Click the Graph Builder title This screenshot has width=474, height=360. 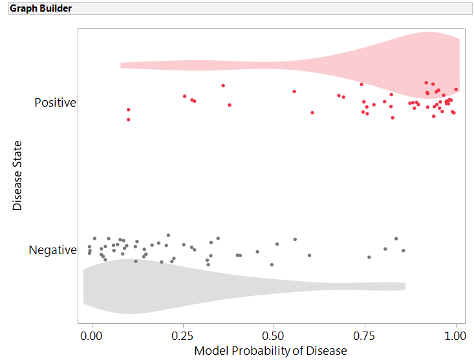point(41,9)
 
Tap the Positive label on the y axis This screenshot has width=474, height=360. point(55,103)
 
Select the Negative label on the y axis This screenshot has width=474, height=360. point(52,250)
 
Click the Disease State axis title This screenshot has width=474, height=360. point(17,175)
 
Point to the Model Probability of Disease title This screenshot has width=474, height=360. point(270,350)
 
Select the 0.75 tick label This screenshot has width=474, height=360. point(365,336)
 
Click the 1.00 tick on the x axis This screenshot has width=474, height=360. point(455,336)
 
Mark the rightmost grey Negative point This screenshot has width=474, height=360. point(403,251)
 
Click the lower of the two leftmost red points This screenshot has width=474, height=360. point(128,120)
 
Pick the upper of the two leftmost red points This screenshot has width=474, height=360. point(128,110)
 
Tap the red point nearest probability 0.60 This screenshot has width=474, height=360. point(312,112)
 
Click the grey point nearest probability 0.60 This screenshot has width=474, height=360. point(310,255)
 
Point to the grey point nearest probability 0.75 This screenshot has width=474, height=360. point(369,257)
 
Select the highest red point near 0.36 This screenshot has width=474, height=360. point(223,85)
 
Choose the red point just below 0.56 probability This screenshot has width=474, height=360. point(294,91)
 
